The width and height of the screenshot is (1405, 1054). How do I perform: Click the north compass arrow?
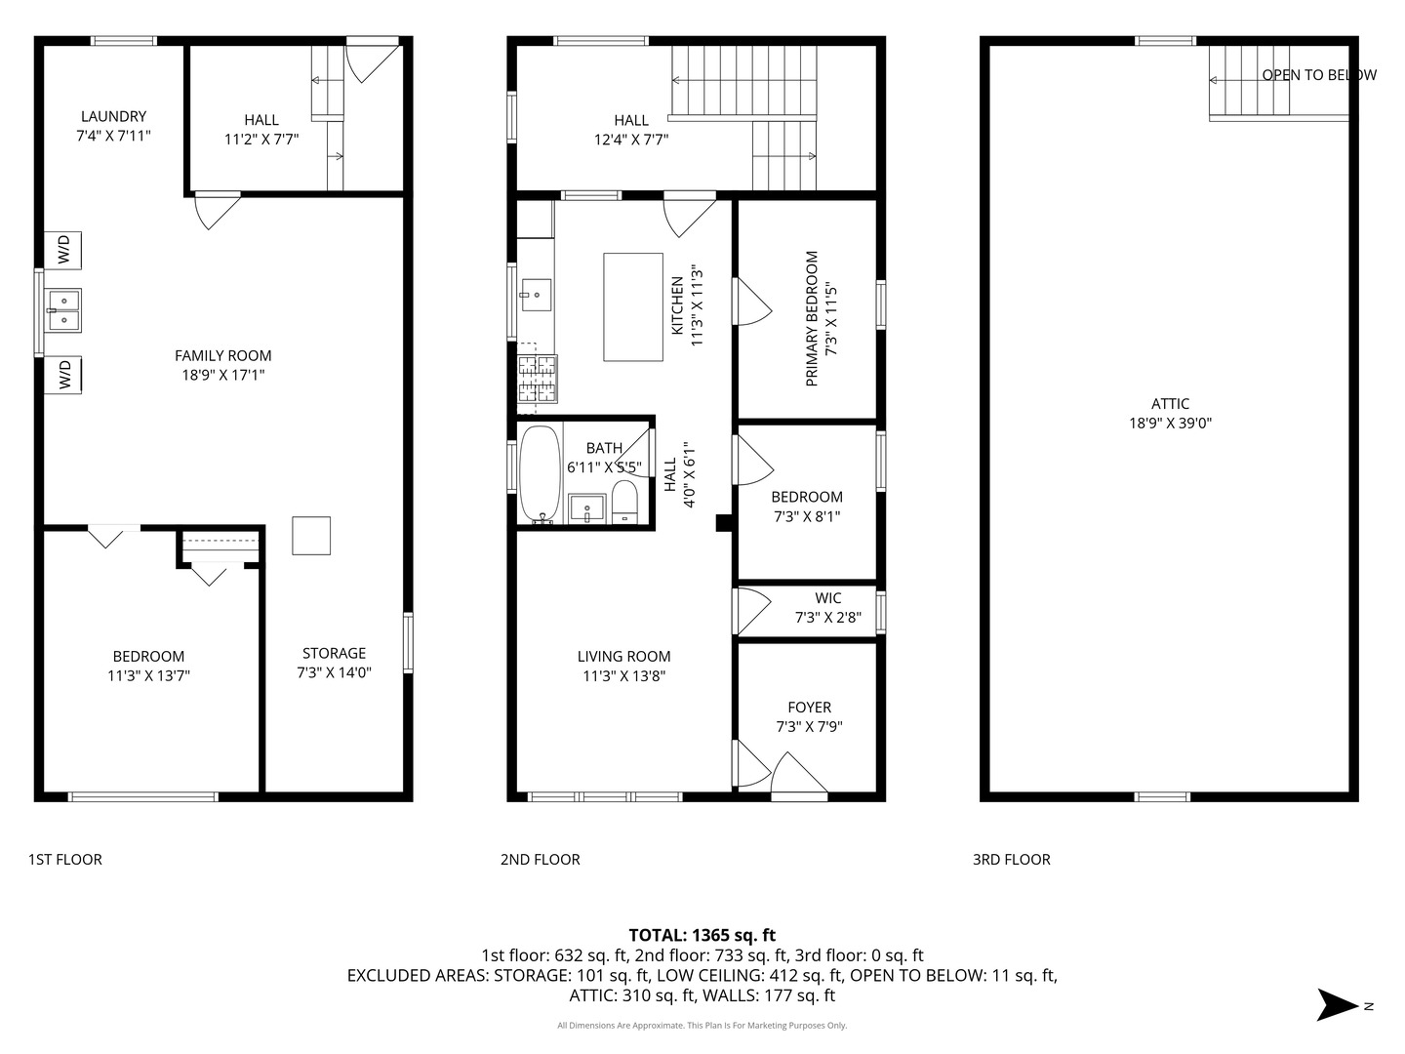click(1338, 1005)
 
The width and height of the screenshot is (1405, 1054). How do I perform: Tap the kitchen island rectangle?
click(633, 306)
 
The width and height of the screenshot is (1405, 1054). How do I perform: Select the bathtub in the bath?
click(540, 474)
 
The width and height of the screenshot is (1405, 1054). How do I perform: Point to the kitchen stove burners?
click(538, 379)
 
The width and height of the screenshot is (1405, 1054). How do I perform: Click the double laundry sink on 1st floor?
click(63, 309)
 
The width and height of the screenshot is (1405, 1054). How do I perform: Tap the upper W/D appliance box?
click(63, 250)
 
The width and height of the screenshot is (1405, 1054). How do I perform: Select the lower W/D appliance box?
click(63, 375)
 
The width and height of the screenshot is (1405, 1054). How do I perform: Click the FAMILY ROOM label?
click(222, 356)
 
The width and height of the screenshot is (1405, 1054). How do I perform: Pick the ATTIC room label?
click(1170, 404)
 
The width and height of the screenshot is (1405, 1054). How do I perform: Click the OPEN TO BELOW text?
click(1318, 75)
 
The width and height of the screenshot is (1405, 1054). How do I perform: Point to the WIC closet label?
click(827, 598)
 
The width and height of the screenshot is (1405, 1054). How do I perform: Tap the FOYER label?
click(809, 708)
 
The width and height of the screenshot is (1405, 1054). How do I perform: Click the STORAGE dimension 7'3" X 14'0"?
click(334, 672)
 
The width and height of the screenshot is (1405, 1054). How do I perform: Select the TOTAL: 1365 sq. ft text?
click(702, 935)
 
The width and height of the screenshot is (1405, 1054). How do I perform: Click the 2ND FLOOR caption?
click(540, 860)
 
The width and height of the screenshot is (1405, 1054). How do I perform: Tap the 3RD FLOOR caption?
click(1011, 860)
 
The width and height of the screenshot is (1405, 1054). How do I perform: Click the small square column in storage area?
click(311, 536)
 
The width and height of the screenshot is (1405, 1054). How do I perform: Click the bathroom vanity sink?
click(586, 509)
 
